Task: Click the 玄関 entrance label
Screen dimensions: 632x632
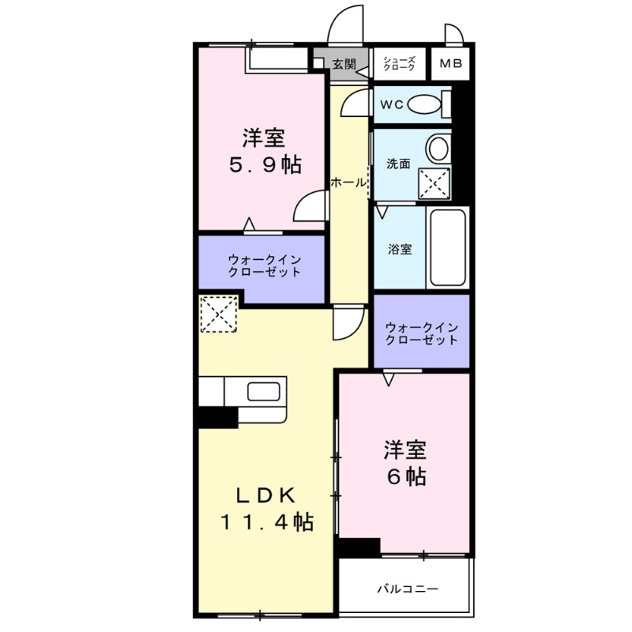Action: pyautogui.click(x=344, y=64)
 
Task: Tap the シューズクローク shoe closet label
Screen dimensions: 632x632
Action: pyautogui.click(x=399, y=64)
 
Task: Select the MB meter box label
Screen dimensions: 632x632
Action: pyautogui.click(x=451, y=64)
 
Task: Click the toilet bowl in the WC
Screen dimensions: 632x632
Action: pyautogui.click(x=427, y=104)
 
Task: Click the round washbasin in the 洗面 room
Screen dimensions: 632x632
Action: pyautogui.click(x=437, y=148)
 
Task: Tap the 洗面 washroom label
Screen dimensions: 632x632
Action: pyautogui.click(x=397, y=164)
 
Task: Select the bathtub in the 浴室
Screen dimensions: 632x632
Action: pyautogui.click(x=447, y=248)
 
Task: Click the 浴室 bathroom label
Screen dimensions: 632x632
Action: pyautogui.click(x=399, y=250)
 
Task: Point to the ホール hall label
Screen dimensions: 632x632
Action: pyautogui.click(x=348, y=182)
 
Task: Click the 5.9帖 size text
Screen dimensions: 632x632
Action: pyautogui.click(x=264, y=165)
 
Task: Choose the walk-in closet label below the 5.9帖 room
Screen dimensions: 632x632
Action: pyautogui.click(x=264, y=265)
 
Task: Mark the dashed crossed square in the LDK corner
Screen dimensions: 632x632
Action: pyautogui.click(x=218, y=314)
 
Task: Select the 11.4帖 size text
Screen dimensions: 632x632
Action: pyautogui.click(x=265, y=521)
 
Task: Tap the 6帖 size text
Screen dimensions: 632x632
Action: pyautogui.click(x=406, y=476)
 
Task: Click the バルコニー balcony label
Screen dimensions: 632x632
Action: pyautogui.click(x=407, y=589)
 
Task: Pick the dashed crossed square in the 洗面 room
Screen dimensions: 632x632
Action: pyautogui.click(x=433, y=184)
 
